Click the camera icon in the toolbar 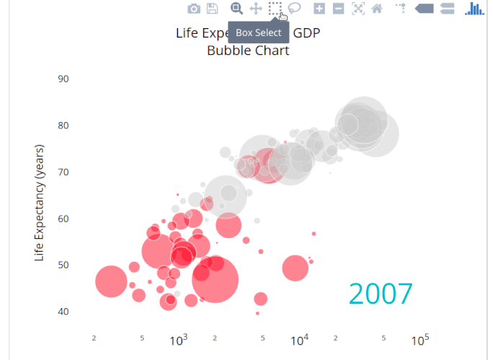pos(194,9)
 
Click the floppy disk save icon pos(213,9)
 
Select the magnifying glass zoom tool pos(236,9)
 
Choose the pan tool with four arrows pos(256,9)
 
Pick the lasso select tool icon pos(295,9)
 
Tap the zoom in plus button pos(319,9)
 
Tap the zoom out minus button pos(338,9)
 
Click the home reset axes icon pos(377,9)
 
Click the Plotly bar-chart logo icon pos(474,9)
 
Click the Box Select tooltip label pos(259,32)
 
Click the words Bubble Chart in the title pos(248,51)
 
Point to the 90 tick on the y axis pos(63,79)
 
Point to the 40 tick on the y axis pos(63,312)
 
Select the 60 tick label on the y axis pos(63,219)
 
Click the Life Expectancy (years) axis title pos(40,202)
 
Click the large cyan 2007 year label pos(381,294)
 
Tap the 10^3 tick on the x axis pos(179,340)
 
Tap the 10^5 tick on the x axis pos(421,340)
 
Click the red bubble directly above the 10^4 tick pos(296,268)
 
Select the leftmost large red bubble pos(111,281)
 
